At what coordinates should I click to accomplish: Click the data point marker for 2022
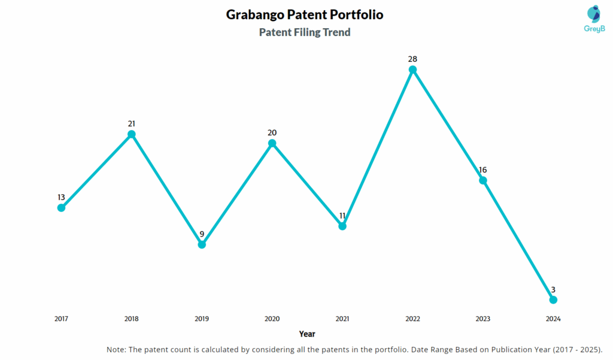(412, 69)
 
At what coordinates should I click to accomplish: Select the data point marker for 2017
(61, 208)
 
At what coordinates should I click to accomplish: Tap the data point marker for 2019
(202, 244)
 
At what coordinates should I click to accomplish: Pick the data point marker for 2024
(553, 300)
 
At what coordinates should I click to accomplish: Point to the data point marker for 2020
(272, 143)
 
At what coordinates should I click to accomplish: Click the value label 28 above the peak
(412, 59)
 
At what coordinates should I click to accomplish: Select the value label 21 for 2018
(131, 123)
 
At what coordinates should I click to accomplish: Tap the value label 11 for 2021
(342, 215)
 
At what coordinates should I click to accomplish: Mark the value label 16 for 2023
(482, 170)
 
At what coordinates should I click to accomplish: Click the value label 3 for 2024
(553, 289)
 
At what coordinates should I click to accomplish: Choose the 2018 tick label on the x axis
(131, 319)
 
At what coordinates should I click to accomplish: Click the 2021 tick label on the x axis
(342, 319)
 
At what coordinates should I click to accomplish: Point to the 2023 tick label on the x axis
(482, 319)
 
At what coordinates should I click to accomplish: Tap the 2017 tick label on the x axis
(61, 319)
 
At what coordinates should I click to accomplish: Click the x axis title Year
(307, 334)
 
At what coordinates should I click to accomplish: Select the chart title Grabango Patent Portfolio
(305, 14)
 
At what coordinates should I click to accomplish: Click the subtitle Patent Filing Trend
(305, 32)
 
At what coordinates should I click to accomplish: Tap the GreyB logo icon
(593, 14)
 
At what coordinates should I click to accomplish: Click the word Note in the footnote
(116, 349)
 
